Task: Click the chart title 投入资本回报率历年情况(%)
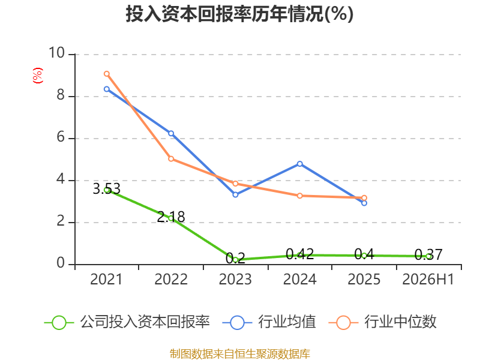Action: pos(239,14)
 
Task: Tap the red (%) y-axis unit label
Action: pos(38,76)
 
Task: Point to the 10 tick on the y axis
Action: pos(57,53)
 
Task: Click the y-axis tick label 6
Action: pos(61,137)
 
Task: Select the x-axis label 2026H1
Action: pos(428,279)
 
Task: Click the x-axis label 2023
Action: pos(235,279)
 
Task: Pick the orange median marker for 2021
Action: pos(107,74)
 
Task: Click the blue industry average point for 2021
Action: pos(107,89)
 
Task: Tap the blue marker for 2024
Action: pos(299,164)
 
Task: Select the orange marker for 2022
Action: pos(171,159)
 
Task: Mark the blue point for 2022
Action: pos(171,133)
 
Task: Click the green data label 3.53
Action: pos(107,188)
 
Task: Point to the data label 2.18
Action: pos(171,217)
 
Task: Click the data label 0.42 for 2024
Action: pos(299,254)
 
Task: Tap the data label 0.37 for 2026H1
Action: pos(428,254)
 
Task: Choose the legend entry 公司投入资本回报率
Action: pos(127,322)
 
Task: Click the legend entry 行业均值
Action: pos(269,322)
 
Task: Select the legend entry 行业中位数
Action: pos(382,322)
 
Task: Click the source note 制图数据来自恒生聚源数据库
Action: pos(240,354)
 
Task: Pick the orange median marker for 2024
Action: pos(299,196)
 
